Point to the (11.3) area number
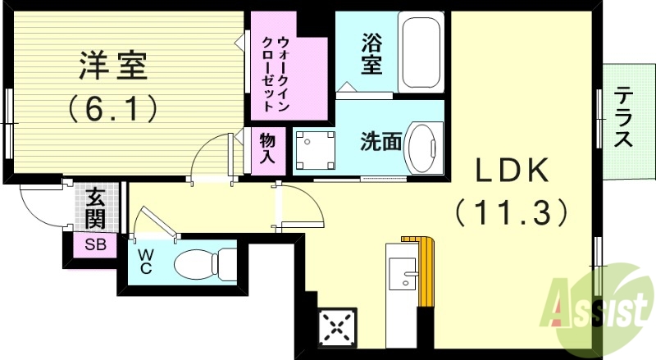point(512,213)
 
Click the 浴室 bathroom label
point(371,53)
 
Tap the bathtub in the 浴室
point(421,52)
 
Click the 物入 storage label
point(267,148)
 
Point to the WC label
point(145,260)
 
